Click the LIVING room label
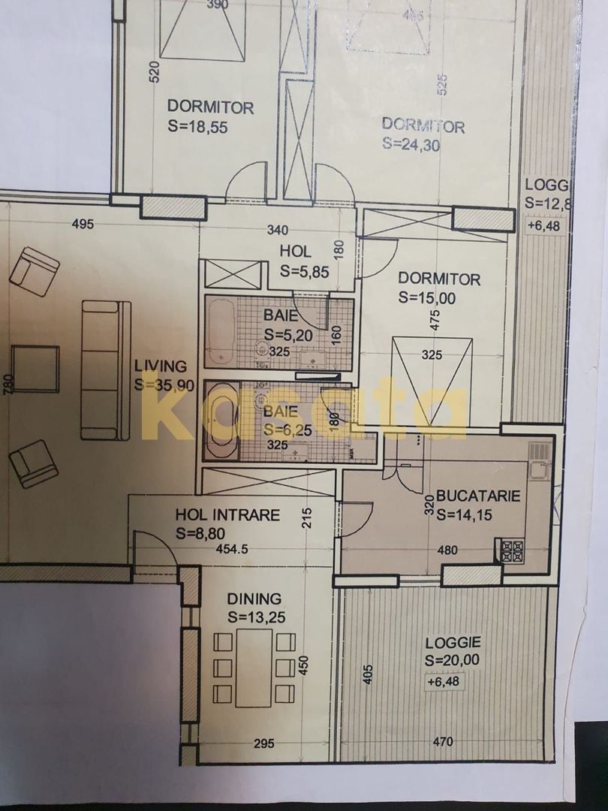[x=160, y=366]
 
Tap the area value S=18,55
[x=198, y=127]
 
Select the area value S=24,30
[x=411, y=144]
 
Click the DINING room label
[x=254, y=599]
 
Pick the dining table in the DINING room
[x=254, y=668]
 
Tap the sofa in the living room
[x=105, y=370]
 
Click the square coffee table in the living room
[x=35, y=369]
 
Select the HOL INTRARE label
[x=227, y=515]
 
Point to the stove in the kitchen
[x=512, y=551]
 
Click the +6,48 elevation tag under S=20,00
[x=444, y=683]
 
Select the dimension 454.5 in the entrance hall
[x=233, y=549]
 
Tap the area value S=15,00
[x=428, y=297]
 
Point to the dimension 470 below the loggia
[x=443, y=743]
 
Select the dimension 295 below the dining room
[x=263, y=743]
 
